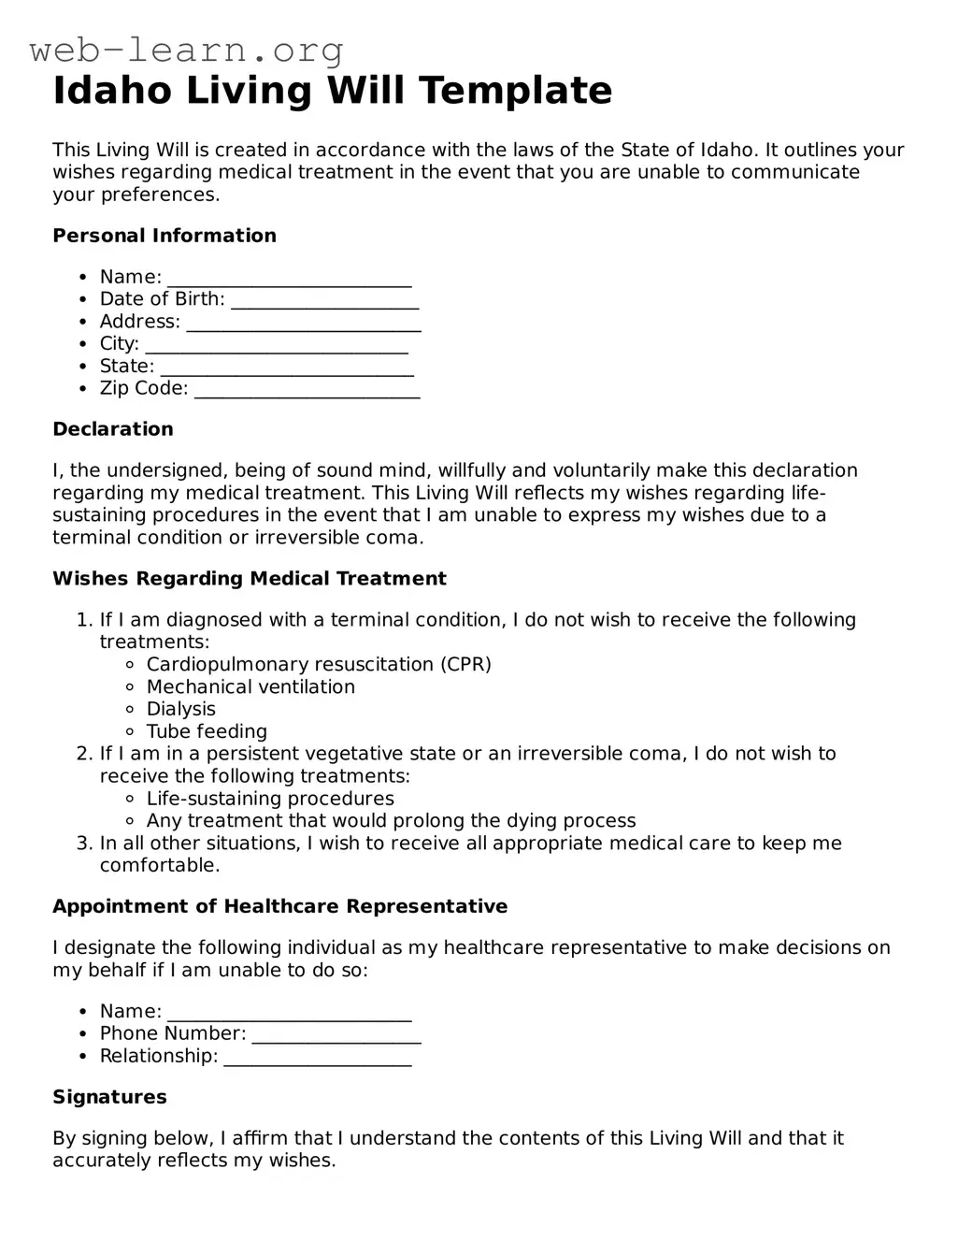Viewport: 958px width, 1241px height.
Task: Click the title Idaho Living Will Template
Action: click(x=332, y=91)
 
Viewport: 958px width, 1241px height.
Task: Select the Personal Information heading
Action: click(x=164, y=236)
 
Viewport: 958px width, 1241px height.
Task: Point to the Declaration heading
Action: click(x=113, y=429)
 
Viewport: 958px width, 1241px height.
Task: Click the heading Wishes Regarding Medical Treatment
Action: click(x=250, y=579)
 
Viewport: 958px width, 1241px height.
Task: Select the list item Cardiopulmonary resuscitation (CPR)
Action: click(x=319, y=665)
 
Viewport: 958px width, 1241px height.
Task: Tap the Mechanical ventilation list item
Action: click(x=250, y=687)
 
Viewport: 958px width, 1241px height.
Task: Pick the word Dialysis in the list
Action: click(x=181, y=710)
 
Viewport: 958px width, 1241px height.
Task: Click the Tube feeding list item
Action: click(x=207, y=732)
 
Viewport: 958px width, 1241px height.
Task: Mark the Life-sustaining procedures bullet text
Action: click(x=270, y=800)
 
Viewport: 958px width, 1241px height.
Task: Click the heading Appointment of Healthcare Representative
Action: click(x=279, y=906)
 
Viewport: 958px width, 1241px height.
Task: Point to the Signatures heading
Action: click(x=109, y=1097)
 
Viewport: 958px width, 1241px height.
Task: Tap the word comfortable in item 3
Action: click(x=158, y=866)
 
